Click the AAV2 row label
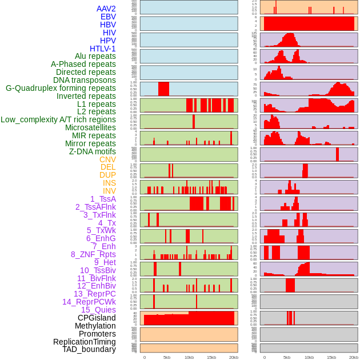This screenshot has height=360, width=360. click(106, 9)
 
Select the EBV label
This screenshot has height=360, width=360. click(108, 17)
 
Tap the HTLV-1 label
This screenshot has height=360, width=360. click(103, 49)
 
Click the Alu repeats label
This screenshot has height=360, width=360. click(95, 56)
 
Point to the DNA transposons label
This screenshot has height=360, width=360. click(85, 80)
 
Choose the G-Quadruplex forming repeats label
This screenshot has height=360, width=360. click(61, 88)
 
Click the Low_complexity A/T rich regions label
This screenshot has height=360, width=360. click(58, 119)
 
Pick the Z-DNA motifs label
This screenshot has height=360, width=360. click(92, 151)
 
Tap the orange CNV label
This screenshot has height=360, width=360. click(107, 159)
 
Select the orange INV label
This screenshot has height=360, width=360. click(109, 191)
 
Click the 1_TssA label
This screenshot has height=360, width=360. click(103, 199)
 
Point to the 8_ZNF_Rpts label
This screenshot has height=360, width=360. click(93, 254)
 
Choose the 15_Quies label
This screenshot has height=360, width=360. click(98, 310)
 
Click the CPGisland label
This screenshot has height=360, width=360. click(97, 318)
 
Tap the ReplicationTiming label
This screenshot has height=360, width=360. click(85, 342)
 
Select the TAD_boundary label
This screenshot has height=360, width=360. click(89, 349)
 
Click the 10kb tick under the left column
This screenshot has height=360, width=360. click(189, 357)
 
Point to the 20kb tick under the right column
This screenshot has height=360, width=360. click(354, 357)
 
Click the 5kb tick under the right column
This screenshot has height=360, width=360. click(287, 357)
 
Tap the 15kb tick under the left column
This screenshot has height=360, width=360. click(211, 357)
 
